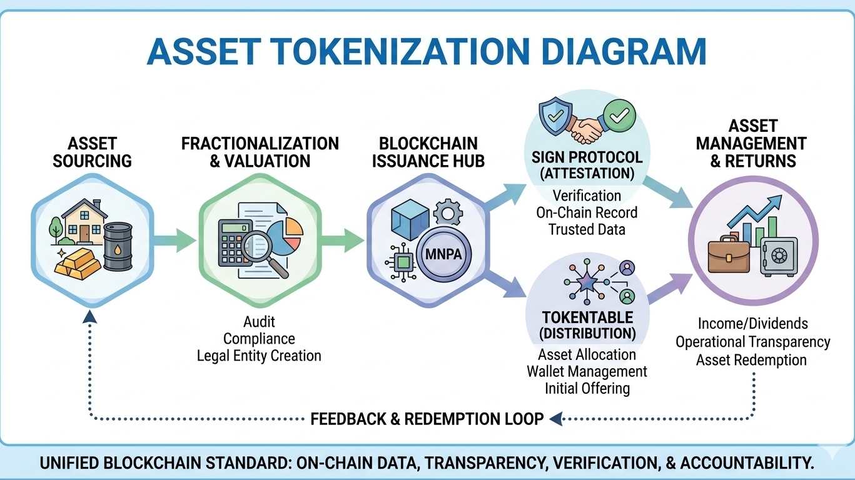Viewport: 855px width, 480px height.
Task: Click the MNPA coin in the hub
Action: (x=443, y=256)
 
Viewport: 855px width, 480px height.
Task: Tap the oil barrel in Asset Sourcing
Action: (x=118, y=247)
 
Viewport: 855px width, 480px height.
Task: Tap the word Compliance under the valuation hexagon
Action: (x=259, y=339)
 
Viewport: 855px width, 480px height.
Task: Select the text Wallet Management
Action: (x=587, y=371)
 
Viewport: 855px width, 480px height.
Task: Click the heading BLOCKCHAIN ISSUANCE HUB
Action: (x=428, y=152)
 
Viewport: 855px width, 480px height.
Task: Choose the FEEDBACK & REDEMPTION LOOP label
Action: (x=427, y=419)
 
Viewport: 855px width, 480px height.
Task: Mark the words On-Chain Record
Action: (x=587, y=212)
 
